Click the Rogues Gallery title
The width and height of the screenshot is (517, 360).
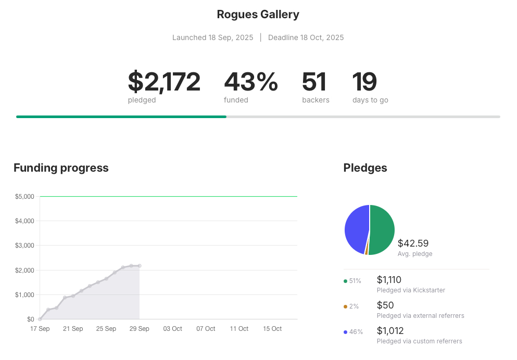coord(258,15)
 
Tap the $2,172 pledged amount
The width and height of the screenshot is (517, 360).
coord(164,82)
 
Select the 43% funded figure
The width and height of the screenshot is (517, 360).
coord(251,82)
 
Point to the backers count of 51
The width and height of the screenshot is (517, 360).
coord(314,82)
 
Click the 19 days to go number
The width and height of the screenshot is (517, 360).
coord(364,82)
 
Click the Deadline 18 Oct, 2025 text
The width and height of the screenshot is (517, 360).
coord(306,37)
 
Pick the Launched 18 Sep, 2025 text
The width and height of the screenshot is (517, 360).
coord(212,37)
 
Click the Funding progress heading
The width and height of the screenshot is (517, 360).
coord(61,168)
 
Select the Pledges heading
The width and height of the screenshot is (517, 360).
coord(365,168)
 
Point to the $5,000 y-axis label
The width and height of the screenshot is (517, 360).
coord(24,197)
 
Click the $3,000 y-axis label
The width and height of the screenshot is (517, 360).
coord(24,246)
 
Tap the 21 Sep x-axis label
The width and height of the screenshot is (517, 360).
coord(73,329)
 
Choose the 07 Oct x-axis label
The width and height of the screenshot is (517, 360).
coord(206,329)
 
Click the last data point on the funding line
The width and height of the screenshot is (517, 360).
coord(140,266)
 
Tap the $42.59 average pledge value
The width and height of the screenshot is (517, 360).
coord(413,243)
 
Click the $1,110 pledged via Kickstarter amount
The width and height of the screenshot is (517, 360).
coord(389,280)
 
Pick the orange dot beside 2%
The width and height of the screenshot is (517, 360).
coord(345,306)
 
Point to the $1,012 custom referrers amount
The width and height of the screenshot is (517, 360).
coord(390,331)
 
